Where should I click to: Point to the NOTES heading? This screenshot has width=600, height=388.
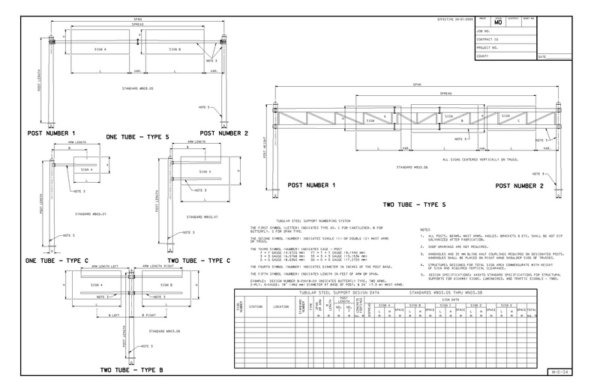click(x=425, y=229)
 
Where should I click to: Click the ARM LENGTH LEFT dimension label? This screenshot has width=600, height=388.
click(x=105, y=266)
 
